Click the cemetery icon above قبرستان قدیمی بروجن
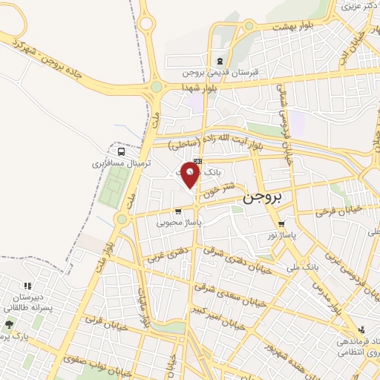coord(219,62)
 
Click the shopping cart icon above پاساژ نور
coord(281,224)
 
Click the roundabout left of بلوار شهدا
coord(157,87)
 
